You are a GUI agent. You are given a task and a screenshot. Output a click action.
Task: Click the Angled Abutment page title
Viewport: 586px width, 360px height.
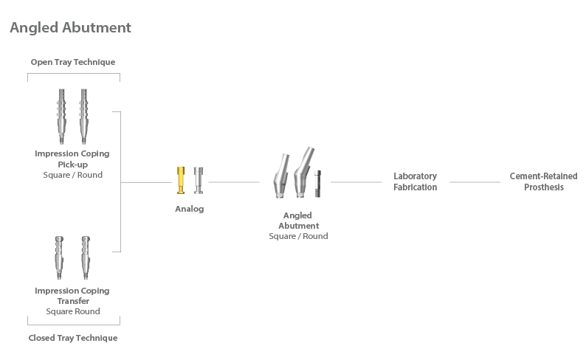click(70, 28)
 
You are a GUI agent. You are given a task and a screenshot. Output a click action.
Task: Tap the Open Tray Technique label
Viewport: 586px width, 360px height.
click(73, 62)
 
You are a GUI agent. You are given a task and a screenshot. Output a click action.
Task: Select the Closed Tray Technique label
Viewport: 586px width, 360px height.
click(73, 338)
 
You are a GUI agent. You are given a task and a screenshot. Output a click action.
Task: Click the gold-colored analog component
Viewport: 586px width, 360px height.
click(181, 180)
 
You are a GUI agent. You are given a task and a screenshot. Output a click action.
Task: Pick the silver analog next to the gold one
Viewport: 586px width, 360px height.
click(198, 180)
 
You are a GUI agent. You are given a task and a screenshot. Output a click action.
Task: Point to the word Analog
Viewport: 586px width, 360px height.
click(189, 209)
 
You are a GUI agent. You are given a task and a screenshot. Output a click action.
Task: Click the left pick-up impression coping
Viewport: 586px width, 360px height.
click(63, 116)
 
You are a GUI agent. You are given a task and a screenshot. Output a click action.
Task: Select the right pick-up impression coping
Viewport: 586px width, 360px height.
click(83, 116)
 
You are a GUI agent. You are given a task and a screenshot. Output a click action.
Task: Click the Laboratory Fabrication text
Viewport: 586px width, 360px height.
click(415, 181)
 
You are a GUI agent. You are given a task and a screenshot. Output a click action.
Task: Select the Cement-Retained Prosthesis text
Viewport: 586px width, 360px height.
click(543, 181)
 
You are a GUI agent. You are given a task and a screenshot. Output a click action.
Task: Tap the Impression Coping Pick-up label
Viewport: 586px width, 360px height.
click(72, 159)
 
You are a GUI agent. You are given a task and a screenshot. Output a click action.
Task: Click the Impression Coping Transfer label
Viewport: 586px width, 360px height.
click(72, 295)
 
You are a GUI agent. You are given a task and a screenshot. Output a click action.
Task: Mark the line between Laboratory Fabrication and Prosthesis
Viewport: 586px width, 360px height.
click(475, 181)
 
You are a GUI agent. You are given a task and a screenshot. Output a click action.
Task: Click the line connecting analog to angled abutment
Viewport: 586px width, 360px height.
click(234, 181)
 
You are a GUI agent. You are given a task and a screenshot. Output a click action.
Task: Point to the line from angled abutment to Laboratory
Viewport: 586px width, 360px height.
click(356, 181)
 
